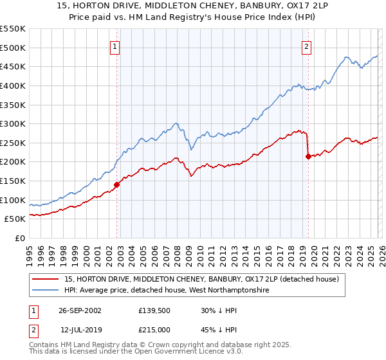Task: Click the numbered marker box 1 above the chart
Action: point(115,46)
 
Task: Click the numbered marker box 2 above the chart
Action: point(307,46)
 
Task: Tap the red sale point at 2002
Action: point(117,185)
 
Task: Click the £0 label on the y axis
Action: point(19,239)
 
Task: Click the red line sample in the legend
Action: point(46,279)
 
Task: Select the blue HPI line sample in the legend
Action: point(46,291)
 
